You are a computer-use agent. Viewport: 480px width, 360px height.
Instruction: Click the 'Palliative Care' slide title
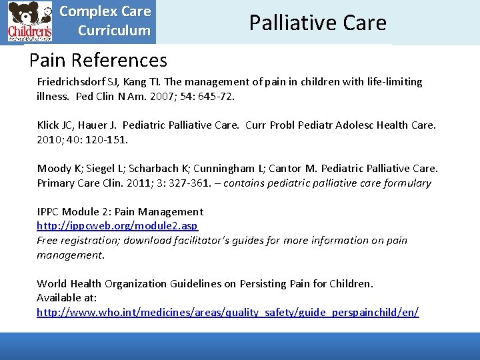[x=317, y=23]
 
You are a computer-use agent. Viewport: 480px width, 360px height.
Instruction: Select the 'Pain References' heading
[x=98, y=61]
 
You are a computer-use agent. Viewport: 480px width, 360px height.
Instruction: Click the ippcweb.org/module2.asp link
[x=117, y=226]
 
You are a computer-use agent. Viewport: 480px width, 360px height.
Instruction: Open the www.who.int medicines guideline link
[x=227, y=313]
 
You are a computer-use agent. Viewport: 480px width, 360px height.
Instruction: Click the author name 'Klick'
[x=49, y=125]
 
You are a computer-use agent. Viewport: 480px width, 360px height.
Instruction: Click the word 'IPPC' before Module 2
[x=48, y=212]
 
